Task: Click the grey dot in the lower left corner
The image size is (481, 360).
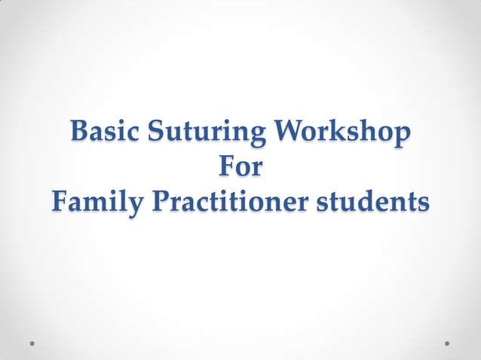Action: coord(33,343)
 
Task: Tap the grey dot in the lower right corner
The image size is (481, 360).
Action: coord(447,343)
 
